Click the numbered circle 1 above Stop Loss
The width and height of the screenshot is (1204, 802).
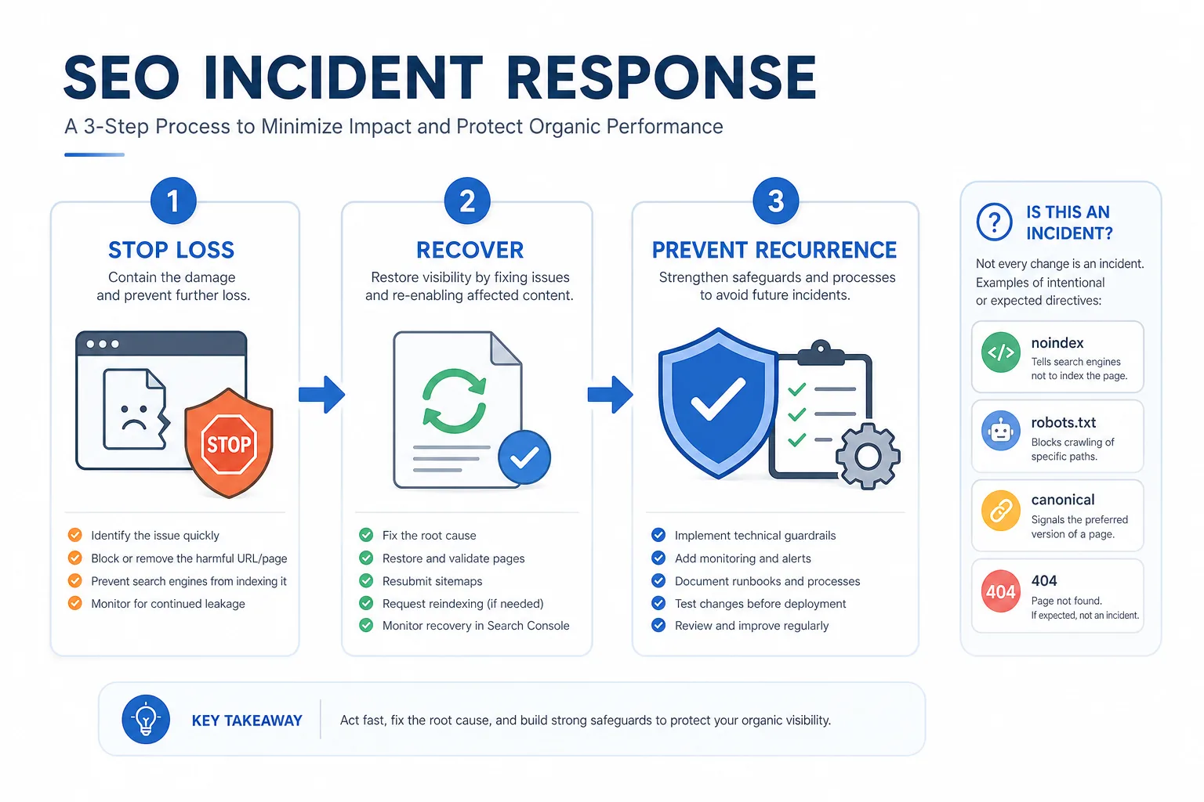coord(173,200)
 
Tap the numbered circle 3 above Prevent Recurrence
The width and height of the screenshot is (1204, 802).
coord(775,200)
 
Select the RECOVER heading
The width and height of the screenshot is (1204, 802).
coord(470,251)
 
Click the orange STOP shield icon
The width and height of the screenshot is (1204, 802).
coord(229,443)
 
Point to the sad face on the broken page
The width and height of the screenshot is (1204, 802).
coord(134,417)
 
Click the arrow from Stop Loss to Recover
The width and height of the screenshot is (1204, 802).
coord(321,394)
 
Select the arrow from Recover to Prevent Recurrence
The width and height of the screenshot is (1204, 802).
coord(610,394)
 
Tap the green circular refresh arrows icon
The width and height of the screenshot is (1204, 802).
coord(454,400)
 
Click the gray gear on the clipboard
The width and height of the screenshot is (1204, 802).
coord(868,456)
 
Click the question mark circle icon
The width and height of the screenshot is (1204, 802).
coord(995,222)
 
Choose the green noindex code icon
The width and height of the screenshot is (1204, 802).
coord(1000,352)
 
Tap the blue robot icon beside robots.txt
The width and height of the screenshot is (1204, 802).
coord(1000,431)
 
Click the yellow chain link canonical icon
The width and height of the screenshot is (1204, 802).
coord(1000,511)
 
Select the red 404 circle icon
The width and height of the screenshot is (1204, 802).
coord(1000,591)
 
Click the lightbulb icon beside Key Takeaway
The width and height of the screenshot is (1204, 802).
coord(146,719)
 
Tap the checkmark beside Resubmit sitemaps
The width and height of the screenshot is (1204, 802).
coord(366,580)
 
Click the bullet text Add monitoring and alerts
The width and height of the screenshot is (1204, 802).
coord(743,558)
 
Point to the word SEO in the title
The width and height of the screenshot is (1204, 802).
coord(121,78)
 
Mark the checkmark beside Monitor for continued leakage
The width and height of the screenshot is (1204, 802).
coord(74,603)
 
